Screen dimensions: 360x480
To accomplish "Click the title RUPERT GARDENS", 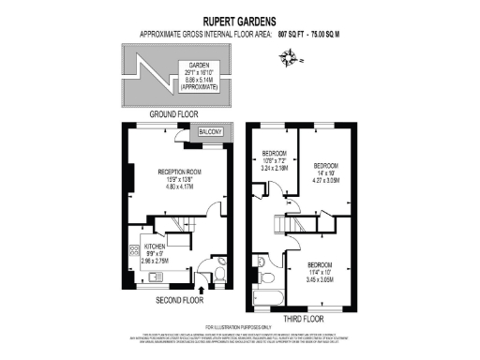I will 239,20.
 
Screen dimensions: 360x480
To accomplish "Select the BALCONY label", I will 207,133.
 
